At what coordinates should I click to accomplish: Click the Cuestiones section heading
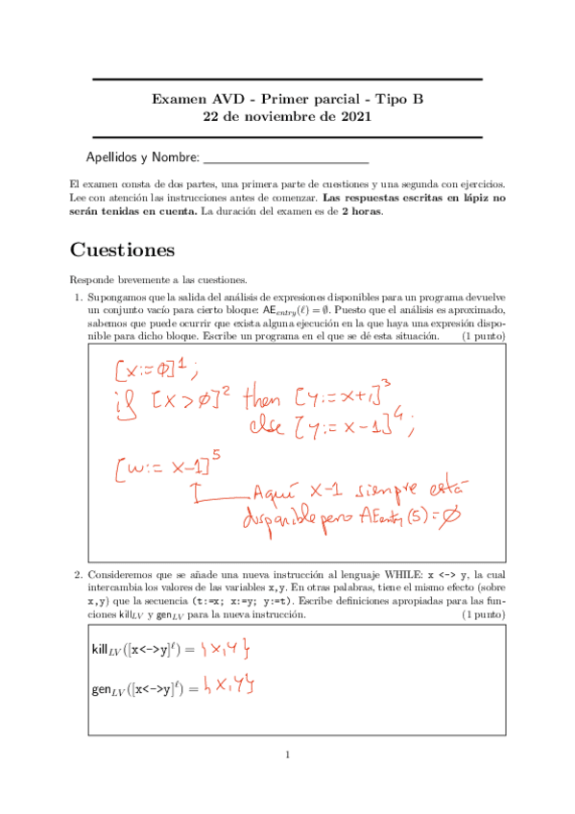122,251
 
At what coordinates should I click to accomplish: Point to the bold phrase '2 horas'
360,211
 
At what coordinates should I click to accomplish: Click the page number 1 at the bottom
287,754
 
